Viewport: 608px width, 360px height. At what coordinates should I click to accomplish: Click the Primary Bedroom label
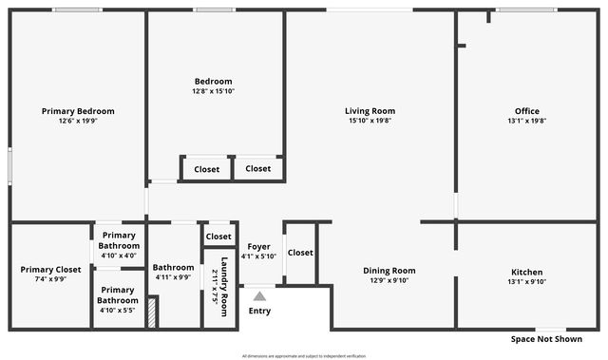[78, 111]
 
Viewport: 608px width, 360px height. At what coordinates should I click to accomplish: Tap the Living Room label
[370, 111]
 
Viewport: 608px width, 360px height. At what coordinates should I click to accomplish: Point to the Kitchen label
[526, 272]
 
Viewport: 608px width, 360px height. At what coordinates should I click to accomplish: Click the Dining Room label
[389, 270]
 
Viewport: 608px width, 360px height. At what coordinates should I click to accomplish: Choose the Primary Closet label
[50, 270]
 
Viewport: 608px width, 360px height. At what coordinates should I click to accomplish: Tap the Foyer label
[258, 247]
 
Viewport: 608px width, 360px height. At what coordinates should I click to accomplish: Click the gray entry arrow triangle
[259, 296]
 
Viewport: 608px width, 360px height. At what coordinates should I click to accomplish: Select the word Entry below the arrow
[259, 311]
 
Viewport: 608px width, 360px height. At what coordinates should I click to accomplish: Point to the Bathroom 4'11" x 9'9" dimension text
[174, 277]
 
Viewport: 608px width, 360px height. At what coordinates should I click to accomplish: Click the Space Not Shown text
[546, 339]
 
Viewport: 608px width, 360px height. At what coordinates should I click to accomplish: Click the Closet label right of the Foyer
[300, 253]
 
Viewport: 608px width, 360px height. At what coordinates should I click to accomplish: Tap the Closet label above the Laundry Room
[218, 237]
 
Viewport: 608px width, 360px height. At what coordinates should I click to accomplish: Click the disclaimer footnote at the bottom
[304, 356]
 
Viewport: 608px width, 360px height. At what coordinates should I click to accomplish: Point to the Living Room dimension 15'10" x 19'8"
[370, 121]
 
